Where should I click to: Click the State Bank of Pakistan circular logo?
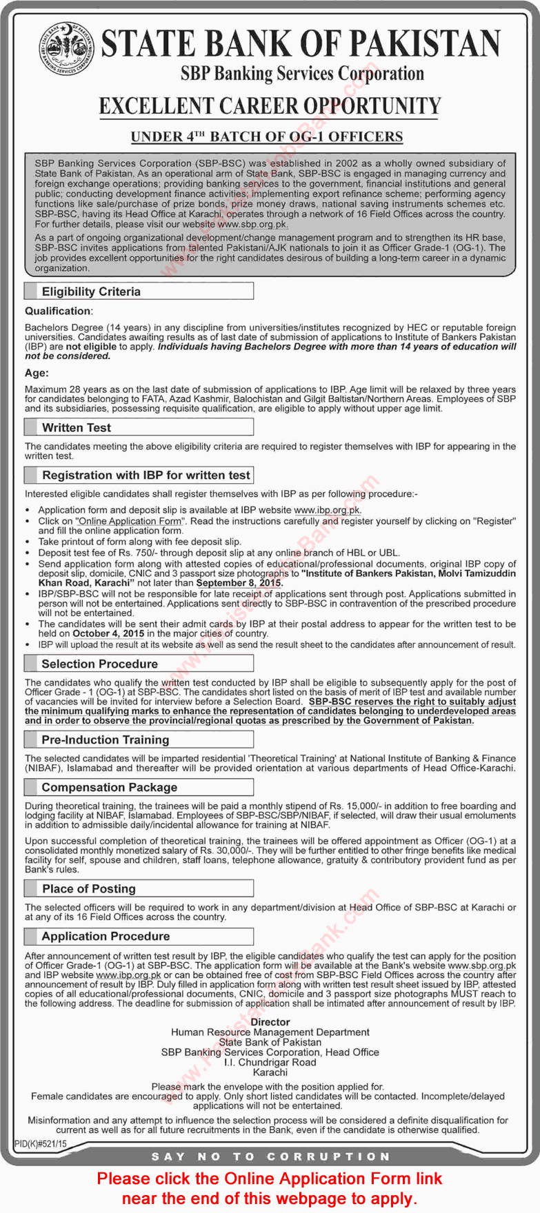(x=66, y=49)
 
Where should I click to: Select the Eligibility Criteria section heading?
(x=91, y=292)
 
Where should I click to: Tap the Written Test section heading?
(x=76, y=427)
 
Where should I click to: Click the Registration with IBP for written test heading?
(x=146, y=475)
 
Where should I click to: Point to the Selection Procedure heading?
(x=99, y=664)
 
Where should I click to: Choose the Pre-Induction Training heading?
(x=105, y=740)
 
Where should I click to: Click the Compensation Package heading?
(x=109, y=787)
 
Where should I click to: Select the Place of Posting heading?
(x=88, y=888)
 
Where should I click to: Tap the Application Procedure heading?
(x=105, y=936)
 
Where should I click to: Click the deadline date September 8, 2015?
(x=239, y=583)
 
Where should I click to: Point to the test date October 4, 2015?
(x=108, y=633)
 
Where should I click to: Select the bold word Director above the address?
(x=270, y=1022)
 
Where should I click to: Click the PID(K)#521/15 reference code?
(x=41, y=1143)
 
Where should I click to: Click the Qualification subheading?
(x=59, y=312)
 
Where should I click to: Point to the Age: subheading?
(x=37, y=373)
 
